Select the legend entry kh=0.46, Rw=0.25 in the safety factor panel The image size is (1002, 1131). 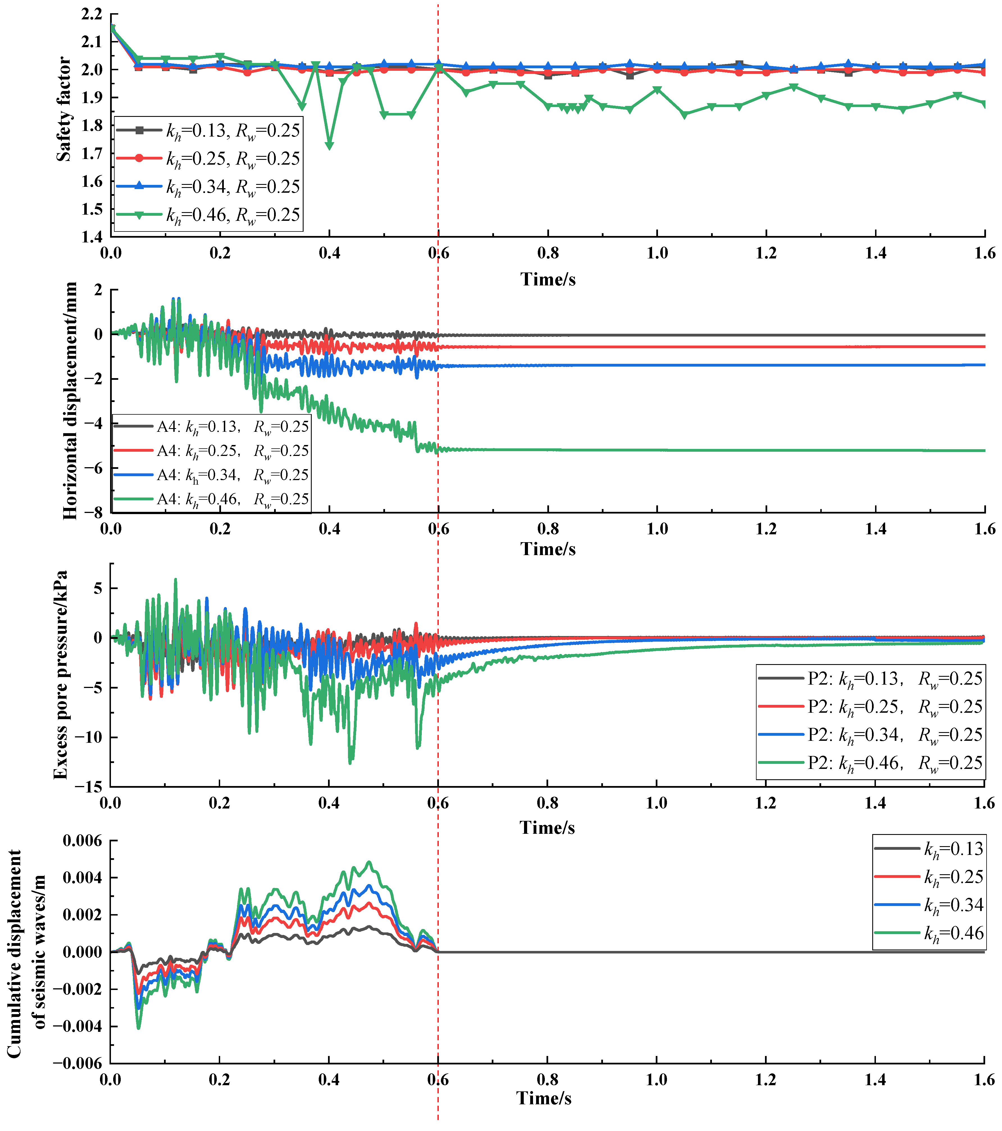[232, 215]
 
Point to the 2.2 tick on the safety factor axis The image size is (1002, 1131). [92, 14]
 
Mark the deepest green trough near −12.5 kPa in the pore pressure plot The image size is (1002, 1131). [350, 762]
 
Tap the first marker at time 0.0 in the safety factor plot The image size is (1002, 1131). [112, 28]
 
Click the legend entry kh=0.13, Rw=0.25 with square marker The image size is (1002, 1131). [232, 131]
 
